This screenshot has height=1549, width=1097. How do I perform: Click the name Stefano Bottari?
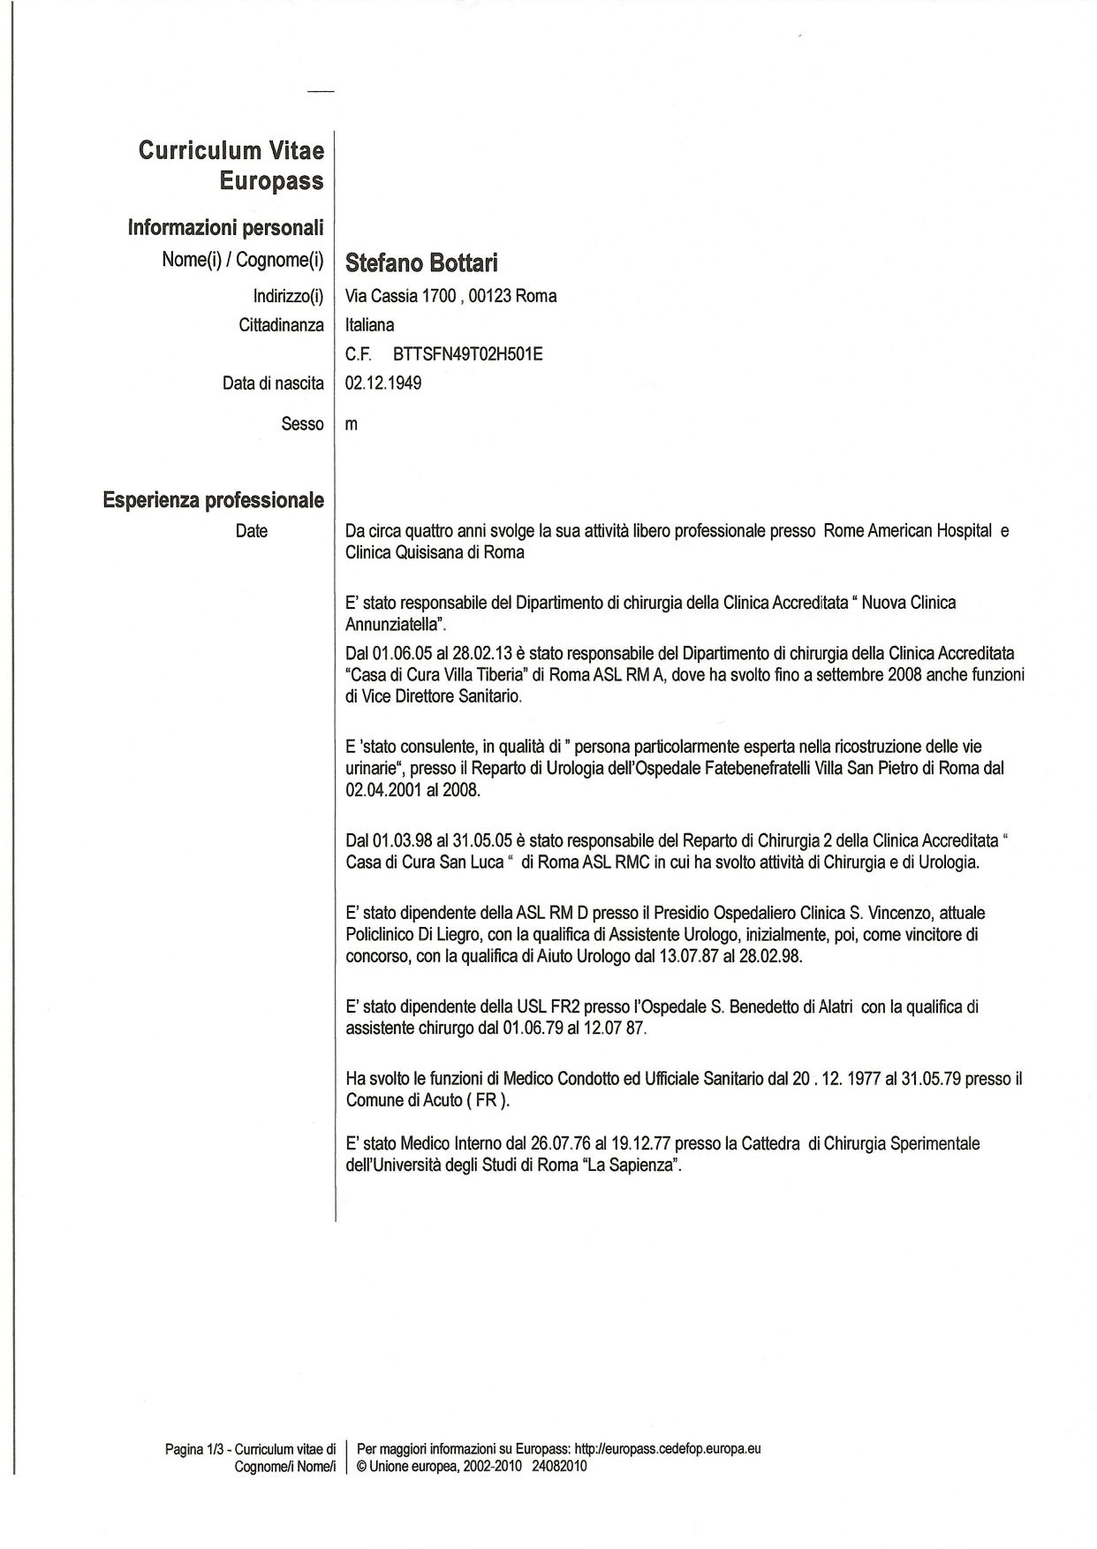[x=421, y=262]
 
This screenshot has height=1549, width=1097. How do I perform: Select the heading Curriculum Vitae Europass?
[x=231, y=165]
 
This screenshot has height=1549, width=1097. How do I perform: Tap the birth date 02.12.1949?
[x=383, y=383]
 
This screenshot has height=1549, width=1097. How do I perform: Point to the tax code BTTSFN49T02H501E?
[x=461, y=354]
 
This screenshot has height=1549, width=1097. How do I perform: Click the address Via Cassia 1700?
[x=399, y=296]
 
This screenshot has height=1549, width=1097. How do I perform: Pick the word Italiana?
[x=370, y=325]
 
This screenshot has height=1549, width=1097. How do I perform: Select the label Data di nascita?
[x=273, y=383]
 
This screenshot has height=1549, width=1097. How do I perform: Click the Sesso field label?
[x=302, y=424]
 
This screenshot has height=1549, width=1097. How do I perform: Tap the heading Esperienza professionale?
[x=213, y=500]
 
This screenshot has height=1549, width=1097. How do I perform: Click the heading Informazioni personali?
[x=225, y=228]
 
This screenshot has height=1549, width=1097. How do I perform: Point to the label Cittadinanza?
[x=281, y=325]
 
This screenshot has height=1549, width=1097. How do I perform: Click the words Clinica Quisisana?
[x=402, y=552]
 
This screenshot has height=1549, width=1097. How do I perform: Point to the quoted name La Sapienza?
[x=633, y=1165]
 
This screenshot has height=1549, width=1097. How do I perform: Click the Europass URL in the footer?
[x=668, y=1449]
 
